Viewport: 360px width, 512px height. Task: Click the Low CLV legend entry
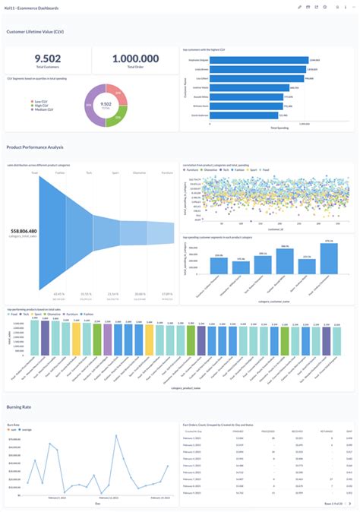[x=39, y=100]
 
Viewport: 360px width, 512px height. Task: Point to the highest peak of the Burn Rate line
[x=115, y=436]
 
